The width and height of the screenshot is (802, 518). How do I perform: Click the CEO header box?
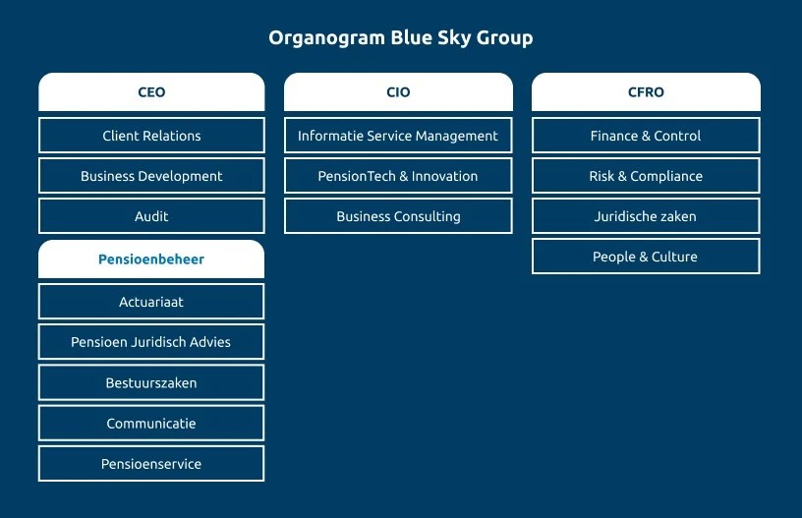[151, 92]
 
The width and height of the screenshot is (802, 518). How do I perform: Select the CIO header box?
[398, 92]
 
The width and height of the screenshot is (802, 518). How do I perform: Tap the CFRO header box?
[646, 92]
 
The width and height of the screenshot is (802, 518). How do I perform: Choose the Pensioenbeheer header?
[151, 259]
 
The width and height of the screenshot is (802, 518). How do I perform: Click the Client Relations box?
[151, 136]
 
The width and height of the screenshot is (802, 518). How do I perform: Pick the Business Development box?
[151, 176]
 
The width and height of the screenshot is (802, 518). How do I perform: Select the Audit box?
[151, 216]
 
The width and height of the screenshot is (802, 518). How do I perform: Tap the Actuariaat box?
[151, 302]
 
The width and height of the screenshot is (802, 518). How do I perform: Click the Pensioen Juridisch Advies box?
[151, 342]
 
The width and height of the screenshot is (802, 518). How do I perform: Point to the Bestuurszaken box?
[151, 382]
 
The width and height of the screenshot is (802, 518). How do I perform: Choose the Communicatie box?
[151, 424]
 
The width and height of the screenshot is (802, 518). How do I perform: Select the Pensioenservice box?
[151, 464]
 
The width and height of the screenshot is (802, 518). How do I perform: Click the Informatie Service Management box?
[398, 136]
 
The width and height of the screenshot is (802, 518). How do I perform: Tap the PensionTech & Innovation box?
[398, 176]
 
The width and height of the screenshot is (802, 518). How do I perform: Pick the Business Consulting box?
[398, 216]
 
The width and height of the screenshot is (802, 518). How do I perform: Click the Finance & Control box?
[646, 136]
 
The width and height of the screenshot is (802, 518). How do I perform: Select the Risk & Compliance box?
[646, 176]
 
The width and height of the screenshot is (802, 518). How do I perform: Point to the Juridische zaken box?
[646, 216]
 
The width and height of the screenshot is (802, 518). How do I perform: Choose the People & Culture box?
[646, 257]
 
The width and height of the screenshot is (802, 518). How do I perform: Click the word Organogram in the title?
[327, 38]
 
